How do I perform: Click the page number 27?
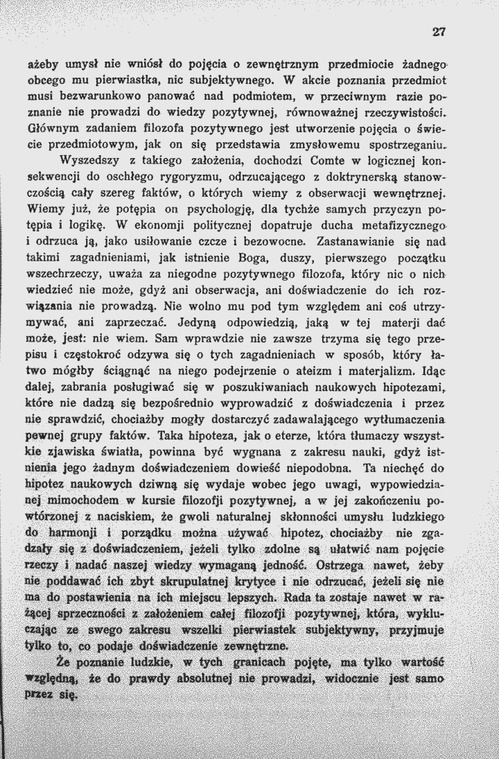[437, 30]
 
